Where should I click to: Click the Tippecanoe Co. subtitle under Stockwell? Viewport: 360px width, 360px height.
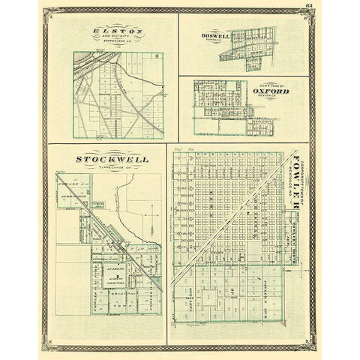pos(112,167)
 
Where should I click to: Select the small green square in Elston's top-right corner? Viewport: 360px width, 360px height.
pos(157,55)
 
